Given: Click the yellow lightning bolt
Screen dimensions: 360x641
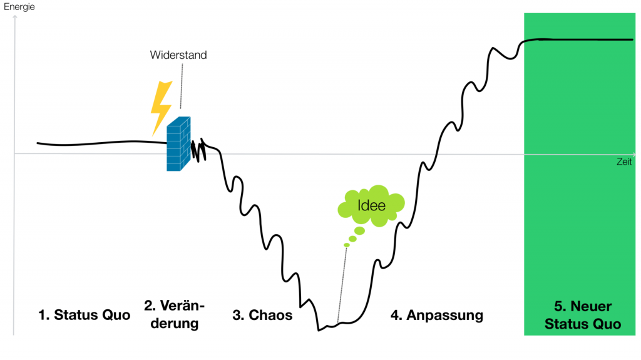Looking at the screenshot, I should click(x=161, y=107).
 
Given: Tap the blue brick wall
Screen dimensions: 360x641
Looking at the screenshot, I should click(x=178, y=145).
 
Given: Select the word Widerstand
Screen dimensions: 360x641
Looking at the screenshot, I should click(x=178, y=55).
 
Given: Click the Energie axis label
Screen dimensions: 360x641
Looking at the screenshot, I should click(x=20, y=7).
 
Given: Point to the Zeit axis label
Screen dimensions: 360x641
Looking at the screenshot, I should click(x=623, y=162).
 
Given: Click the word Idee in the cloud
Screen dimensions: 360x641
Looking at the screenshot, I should click(x=371, y=205).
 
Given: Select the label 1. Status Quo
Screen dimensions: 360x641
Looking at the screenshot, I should click(x=84, y=315).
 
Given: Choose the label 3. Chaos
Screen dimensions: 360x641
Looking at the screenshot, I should click(x=262, y=315).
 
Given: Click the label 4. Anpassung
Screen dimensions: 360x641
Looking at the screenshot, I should click(x=437, y=315).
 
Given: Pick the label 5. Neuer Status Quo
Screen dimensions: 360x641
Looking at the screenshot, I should click(x=583, y=315).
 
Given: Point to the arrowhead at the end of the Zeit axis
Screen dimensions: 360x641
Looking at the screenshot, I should click(x=635, y=153).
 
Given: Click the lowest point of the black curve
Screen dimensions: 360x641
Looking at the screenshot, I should click(x=319, y=330).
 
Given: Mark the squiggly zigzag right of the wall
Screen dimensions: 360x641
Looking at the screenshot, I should click(x=198, y=150).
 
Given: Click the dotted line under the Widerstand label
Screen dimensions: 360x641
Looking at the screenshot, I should click(x=181, y=88).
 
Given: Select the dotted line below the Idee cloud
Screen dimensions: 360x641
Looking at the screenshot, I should click(x=342, y=282).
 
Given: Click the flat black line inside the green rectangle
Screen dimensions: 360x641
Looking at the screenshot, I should click(x=582, y=39).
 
